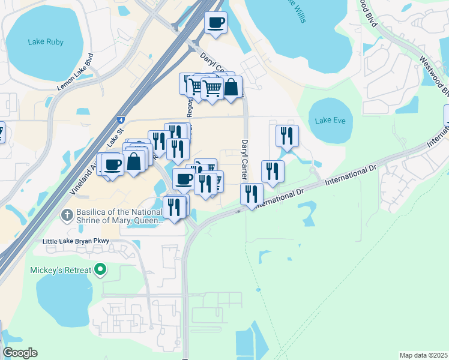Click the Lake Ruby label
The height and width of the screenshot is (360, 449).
pos(46,42)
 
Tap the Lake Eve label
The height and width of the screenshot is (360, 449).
pos(330,121)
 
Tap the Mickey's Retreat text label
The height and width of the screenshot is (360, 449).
pos(61,270)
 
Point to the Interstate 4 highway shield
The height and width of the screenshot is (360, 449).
pos(121,119)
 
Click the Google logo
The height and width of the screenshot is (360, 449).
pos(20,353)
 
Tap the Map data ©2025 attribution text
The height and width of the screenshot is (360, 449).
pos(423,355)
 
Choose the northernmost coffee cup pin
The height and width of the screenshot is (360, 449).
pos(215,23)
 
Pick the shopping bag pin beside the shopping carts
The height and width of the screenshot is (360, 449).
pos(231,88)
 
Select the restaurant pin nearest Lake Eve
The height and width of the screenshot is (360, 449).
pos(287,136)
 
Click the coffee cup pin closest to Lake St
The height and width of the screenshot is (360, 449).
pos(112,164)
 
